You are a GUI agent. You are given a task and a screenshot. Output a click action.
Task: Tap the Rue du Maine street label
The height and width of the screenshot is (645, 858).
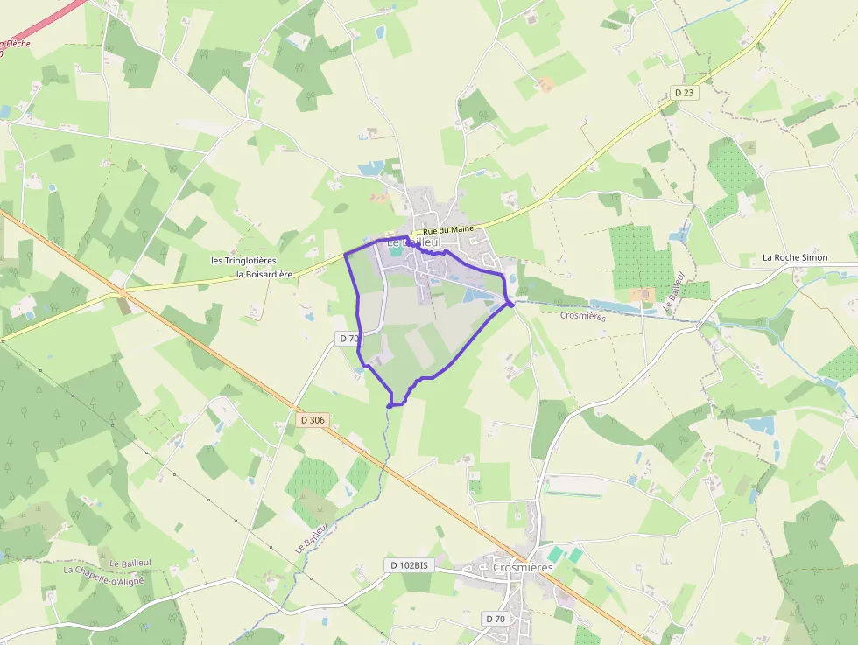(447, 229)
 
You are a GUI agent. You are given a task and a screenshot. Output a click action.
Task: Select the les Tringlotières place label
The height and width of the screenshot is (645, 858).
(243, 261)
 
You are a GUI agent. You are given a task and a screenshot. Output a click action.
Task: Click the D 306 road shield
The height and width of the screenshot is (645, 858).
(312, 420)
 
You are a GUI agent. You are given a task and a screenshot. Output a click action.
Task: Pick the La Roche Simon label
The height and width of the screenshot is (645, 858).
(795, 257)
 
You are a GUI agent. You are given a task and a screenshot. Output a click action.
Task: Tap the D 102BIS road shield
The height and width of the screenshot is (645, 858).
(409, 565)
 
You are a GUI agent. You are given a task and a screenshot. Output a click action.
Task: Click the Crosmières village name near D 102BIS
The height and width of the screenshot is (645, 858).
(523, 567)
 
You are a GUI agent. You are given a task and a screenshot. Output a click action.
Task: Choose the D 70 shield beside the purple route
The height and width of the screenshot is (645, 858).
(348, 338)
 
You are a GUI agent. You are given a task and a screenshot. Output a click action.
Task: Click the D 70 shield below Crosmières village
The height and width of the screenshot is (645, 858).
(496, 620)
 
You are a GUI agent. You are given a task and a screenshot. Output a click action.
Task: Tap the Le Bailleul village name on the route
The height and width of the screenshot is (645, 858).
(412, 242)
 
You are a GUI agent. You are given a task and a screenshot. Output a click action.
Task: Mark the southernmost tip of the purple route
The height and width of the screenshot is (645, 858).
(390, 405)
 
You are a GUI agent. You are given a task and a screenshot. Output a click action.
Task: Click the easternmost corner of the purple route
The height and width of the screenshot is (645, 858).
(510, 303)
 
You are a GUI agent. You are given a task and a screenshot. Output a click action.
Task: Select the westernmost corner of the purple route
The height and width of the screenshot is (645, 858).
(345, 254)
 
